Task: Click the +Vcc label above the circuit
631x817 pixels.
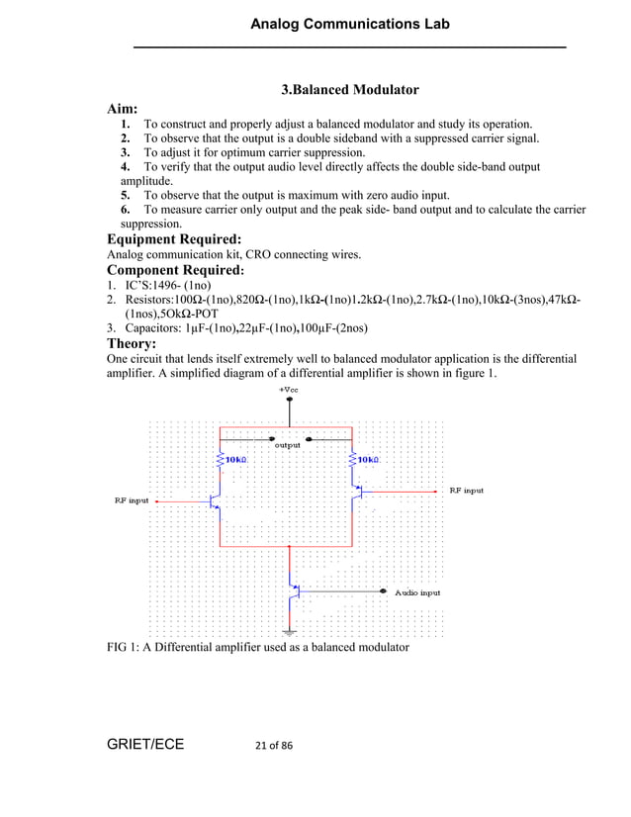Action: (x=290, y=390)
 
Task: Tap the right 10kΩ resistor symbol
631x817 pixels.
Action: (x=352, y=460)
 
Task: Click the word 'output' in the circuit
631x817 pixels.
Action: (x=287, y=446)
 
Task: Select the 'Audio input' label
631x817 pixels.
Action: (x=417, y=592)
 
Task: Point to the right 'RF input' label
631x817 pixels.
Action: (x=466, y=490)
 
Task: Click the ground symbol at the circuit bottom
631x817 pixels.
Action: (x=290, y=631)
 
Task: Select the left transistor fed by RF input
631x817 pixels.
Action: (x=217, y=502)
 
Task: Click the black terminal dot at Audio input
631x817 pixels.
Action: (x=385, y=591)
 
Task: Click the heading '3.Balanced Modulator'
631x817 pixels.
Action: (x=350, y=90)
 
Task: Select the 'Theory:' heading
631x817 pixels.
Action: (x=132, y=343)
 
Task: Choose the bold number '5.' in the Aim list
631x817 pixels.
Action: (x=126, y=195)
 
